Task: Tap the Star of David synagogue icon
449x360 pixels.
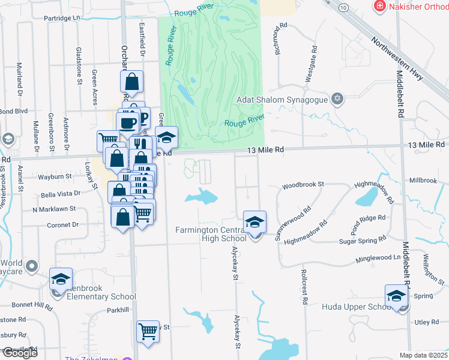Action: (x=337, y=99)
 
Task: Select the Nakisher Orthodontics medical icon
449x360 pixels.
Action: (x=379, y=7)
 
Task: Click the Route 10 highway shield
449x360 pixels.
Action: (x=343, y=7)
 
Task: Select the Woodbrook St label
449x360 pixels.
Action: (x=303, y=184)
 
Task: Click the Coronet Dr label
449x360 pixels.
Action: (x=63, y=225)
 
